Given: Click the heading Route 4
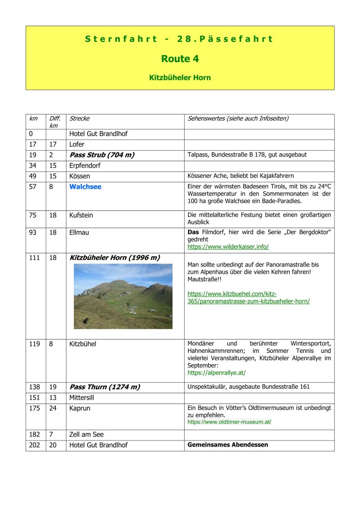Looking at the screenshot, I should (x=180, y=59).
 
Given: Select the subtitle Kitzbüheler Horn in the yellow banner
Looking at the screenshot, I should (x=180, y=78).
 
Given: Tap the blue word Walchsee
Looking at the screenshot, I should (x=85, y=187).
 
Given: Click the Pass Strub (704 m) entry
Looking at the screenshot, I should (x=102, y=155).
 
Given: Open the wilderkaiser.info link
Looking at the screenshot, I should (x=228, y=246).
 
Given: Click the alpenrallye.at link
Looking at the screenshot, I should (x=217, y=373).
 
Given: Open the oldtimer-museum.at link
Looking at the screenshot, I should (x=229, y=422).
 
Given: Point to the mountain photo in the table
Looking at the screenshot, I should (x=123, y=296).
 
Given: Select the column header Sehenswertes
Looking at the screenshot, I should (x=238, y=119).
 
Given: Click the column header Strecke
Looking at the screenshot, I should (x=79, y=119).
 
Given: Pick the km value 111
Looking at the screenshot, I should (x=34, y=258).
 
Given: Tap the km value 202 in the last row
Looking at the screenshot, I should (x=34, y=445).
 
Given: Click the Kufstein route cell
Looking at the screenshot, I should (x=81, y=215).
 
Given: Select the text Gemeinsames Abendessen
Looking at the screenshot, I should (x=228, y=445).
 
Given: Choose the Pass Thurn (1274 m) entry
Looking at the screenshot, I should (x=104, y=387).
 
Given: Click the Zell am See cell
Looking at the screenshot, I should (x=86, y=435).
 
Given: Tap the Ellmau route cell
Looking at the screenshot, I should (x=79, y=232).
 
